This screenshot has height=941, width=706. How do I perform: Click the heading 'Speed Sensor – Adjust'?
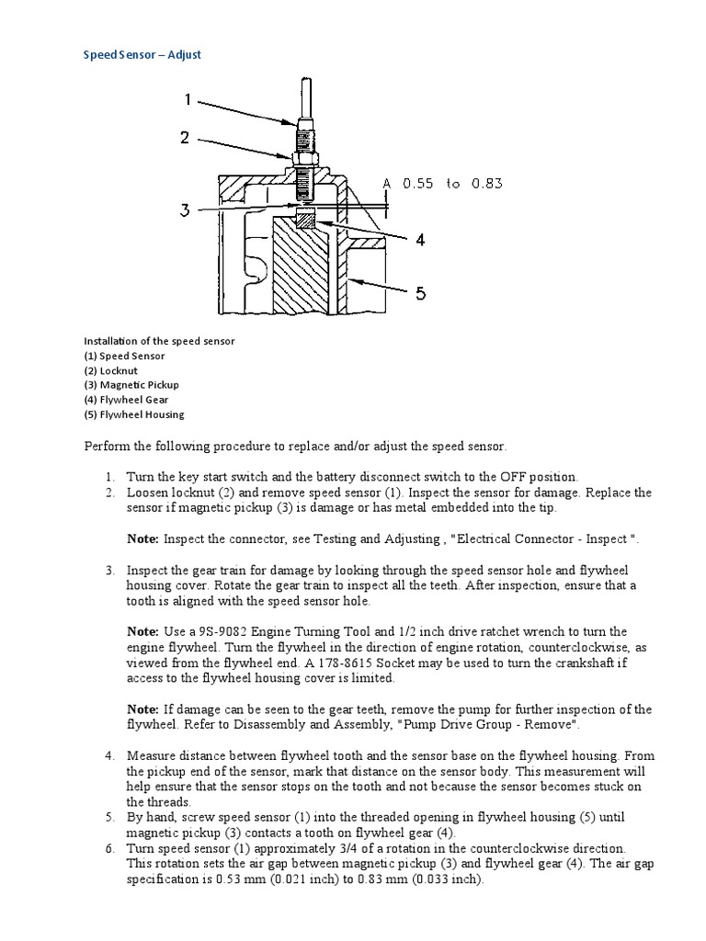coord(142,54)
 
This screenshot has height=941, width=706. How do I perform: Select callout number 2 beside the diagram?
coord(185,138)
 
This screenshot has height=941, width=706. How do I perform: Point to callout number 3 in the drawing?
coord(185,210)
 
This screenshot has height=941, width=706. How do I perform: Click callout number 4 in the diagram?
coord(419,240)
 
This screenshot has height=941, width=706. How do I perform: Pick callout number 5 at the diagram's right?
coord(419,293)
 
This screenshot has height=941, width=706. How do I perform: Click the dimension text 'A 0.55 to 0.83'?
coord(443,184)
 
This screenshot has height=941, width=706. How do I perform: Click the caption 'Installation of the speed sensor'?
coord(159,341)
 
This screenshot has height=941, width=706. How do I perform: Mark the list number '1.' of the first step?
coord(108,477)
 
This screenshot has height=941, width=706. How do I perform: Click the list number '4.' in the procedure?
coord(108,755)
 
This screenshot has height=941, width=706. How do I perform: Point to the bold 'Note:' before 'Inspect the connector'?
coord(142,539)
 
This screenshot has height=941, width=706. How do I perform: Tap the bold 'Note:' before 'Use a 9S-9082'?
coord(142,632)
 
